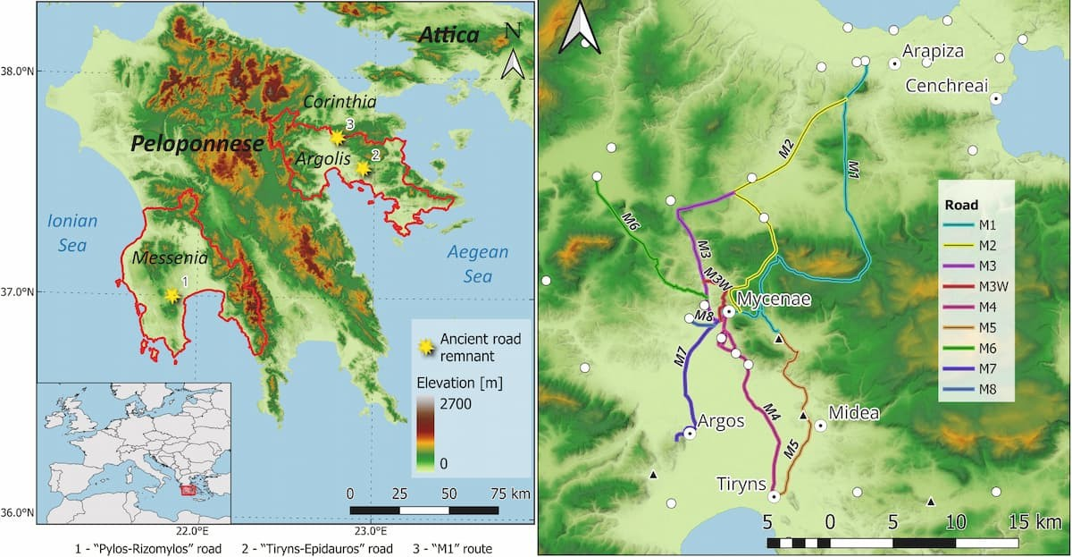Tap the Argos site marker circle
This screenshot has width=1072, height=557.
[690, 433]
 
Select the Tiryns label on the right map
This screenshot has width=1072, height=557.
[741, 484]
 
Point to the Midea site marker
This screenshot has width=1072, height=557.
[819, 426]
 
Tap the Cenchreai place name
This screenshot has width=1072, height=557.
[947, 86]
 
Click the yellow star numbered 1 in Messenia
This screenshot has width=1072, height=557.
[172, 295]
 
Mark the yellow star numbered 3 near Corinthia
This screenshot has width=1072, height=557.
[337, 138]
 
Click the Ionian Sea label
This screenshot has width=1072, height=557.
[72, 231]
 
